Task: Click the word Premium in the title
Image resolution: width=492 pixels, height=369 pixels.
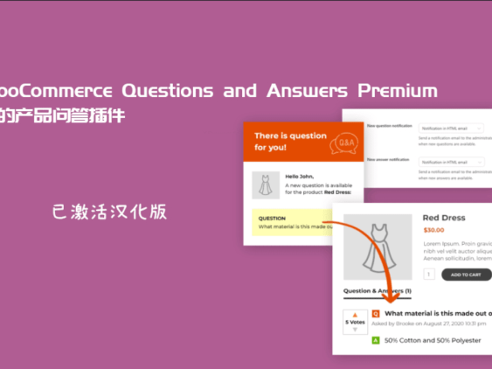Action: (x=401, y=91)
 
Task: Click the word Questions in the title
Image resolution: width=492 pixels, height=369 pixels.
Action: (x=170, y=91)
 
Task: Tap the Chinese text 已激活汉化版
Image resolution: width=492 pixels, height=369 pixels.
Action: (x=108, y=212)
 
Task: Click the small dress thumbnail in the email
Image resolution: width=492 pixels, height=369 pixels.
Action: (x=266, y=185)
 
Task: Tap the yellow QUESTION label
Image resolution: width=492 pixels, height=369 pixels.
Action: (x=272, y=219)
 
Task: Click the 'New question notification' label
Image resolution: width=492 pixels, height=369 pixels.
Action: (x=389, y=126)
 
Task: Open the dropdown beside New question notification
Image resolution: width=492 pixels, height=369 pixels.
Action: (x=452, y=128)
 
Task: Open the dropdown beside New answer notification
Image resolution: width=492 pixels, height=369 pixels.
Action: (x=452, y=162)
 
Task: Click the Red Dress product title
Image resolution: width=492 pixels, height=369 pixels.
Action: (x=443, y=218)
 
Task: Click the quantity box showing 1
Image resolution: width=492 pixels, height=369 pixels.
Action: (x=429, y=275)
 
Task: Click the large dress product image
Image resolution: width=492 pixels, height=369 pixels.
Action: (x=378, y=246)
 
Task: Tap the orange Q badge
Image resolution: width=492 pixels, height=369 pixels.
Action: (x=376, y=312)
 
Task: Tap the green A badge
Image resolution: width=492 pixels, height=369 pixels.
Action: (x=376, y=339)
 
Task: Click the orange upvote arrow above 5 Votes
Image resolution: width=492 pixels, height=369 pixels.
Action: (x=355, y=314)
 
